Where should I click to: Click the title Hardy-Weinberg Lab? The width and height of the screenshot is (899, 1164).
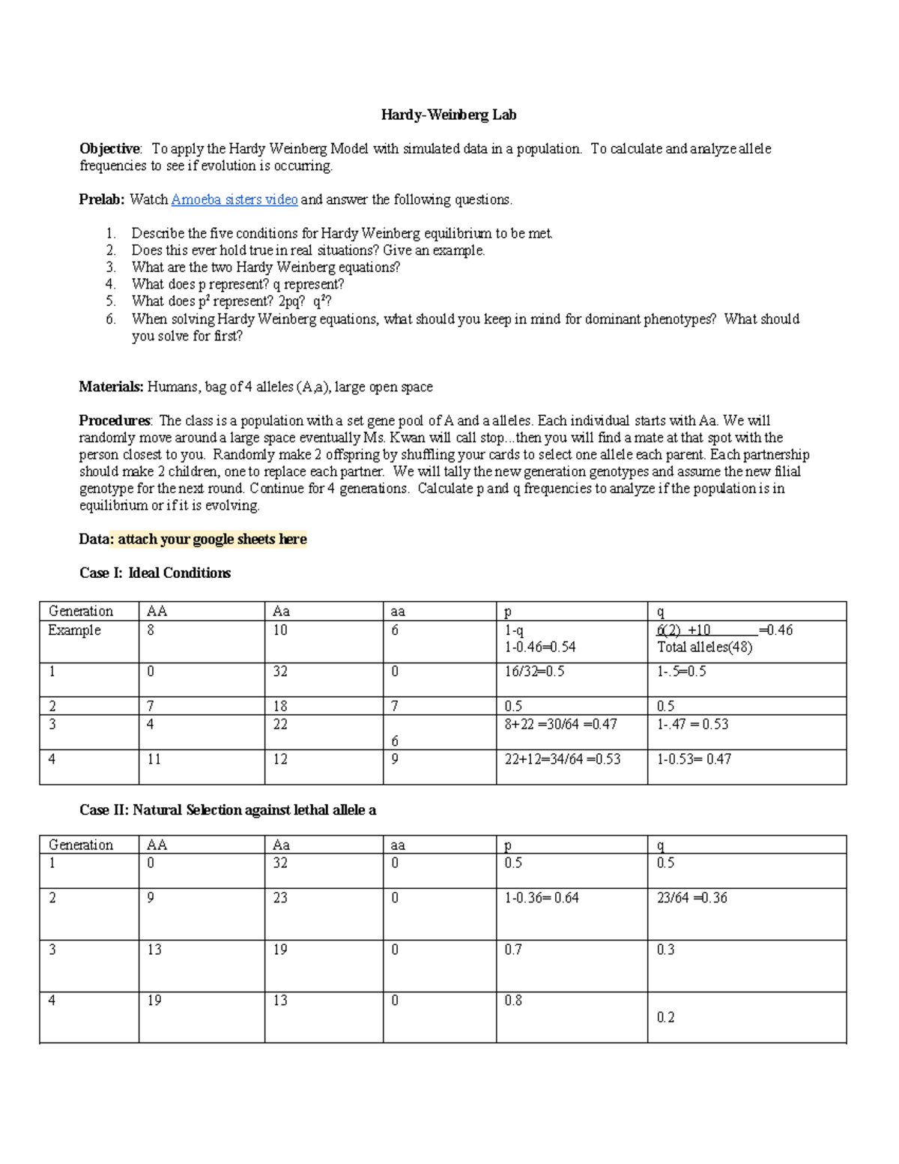pyautogui.click(x=448, y=115)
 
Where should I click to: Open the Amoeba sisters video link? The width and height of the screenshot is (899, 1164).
pyautogui.click(x=234, y=199)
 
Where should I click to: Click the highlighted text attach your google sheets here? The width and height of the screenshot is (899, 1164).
pyautogui.click(x=212, y=539)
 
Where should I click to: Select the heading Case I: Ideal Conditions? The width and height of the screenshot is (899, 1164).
pyautogui.click(x=155, y=573)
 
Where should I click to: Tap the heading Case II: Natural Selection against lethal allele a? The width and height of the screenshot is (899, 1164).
pyautogui.click(x=228, y=809)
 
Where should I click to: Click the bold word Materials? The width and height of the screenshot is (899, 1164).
pyautogui.click(x=111, y=387)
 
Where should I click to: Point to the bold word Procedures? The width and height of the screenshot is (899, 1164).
pyautogui.click(x=115, y=420)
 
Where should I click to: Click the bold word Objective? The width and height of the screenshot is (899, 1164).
pyautogui.click(x=109, y=148)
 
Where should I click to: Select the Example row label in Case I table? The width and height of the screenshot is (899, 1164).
pyautogui.click(x=74, y=630)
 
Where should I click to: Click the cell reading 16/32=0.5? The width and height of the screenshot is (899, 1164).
pyautogui.click(x=534, y=672)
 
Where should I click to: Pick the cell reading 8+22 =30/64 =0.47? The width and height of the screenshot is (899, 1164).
pyautogui.click(x=560, y=724)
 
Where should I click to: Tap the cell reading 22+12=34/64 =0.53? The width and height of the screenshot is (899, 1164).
pyautogui.click(x=562, y=759)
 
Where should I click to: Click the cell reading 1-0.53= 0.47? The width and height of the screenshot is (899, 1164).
pyautogui.click(x=694, y=759)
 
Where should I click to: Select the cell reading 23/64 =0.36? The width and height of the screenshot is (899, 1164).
pyautogui.click(x=691, y=898)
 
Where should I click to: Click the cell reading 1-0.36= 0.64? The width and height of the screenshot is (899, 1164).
pyautogui.click(x=541, y=898)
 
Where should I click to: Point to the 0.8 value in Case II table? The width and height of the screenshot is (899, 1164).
pyautogui.click(x=513, y=1001)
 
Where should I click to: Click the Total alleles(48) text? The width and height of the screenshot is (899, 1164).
pyautogui.click(x=704, y=647)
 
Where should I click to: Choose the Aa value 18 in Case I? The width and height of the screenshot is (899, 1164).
pyautogui.click(x=279, y=706)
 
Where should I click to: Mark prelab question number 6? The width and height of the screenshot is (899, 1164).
pyautogui.click(x=111, y=319)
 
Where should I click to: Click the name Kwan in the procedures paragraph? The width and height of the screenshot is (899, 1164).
pyautogui.click(x=406, y=438)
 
